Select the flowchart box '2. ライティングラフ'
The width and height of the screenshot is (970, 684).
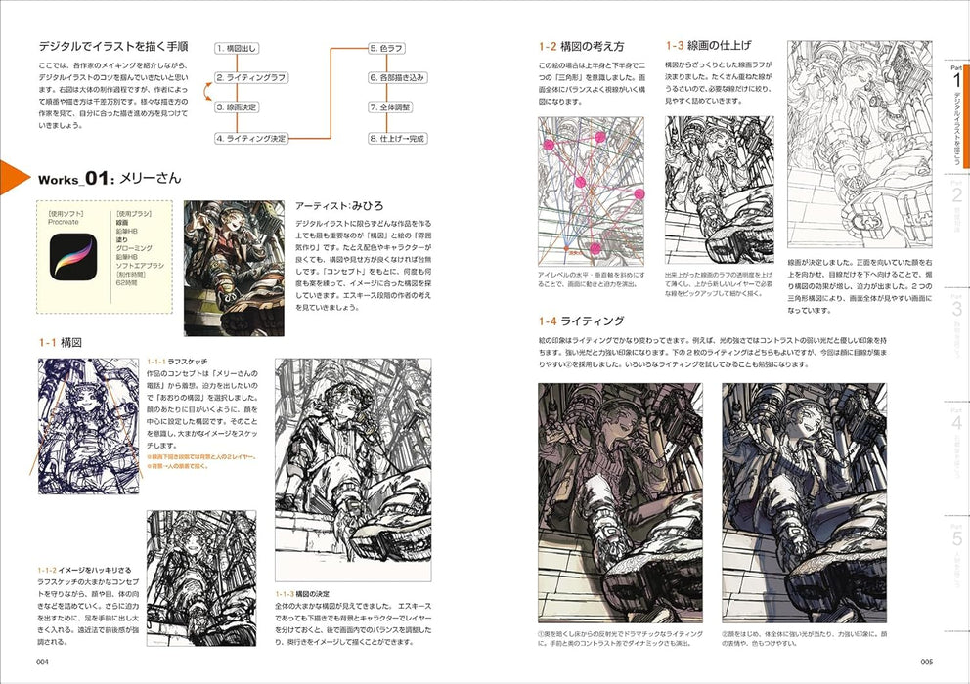click(x=250, y=76)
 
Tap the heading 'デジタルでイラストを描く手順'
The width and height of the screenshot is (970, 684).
click(x=113, y=46)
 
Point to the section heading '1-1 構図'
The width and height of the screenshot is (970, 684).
click(x=60, y=343)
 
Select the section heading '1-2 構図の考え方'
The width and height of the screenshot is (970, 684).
click(x=581, y=46)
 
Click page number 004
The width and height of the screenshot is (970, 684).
click(x=42, y=663)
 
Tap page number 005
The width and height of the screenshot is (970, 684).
click(x=927, y=663)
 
